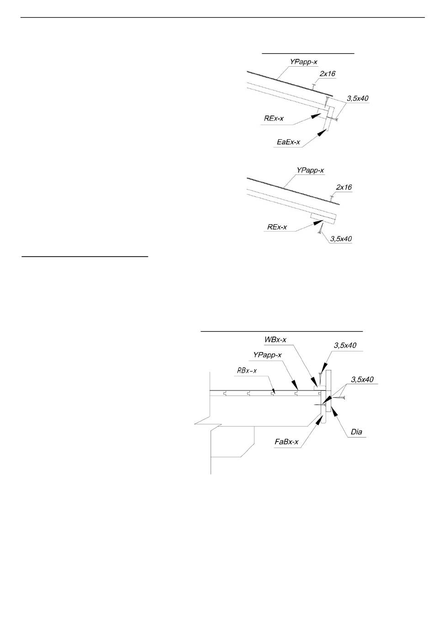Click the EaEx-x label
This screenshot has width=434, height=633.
point(288,142)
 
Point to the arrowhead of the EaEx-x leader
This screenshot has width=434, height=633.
point(323,132)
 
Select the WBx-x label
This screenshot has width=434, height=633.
point(275,339)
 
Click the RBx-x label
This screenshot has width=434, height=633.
point(247,370)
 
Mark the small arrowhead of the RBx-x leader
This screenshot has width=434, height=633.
point(273,391)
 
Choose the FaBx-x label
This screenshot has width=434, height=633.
point(286,442)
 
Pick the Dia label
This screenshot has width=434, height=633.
point(356,432)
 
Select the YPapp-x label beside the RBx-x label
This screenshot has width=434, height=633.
point(267,355)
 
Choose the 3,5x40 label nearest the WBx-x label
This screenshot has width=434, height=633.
point(345,345)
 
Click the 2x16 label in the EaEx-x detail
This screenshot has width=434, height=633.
point(328,74)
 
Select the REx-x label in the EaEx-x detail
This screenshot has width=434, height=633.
point(273,118)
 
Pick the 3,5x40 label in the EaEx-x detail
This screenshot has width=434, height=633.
point(358,98)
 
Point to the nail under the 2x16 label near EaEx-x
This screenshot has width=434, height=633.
point(313,87)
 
